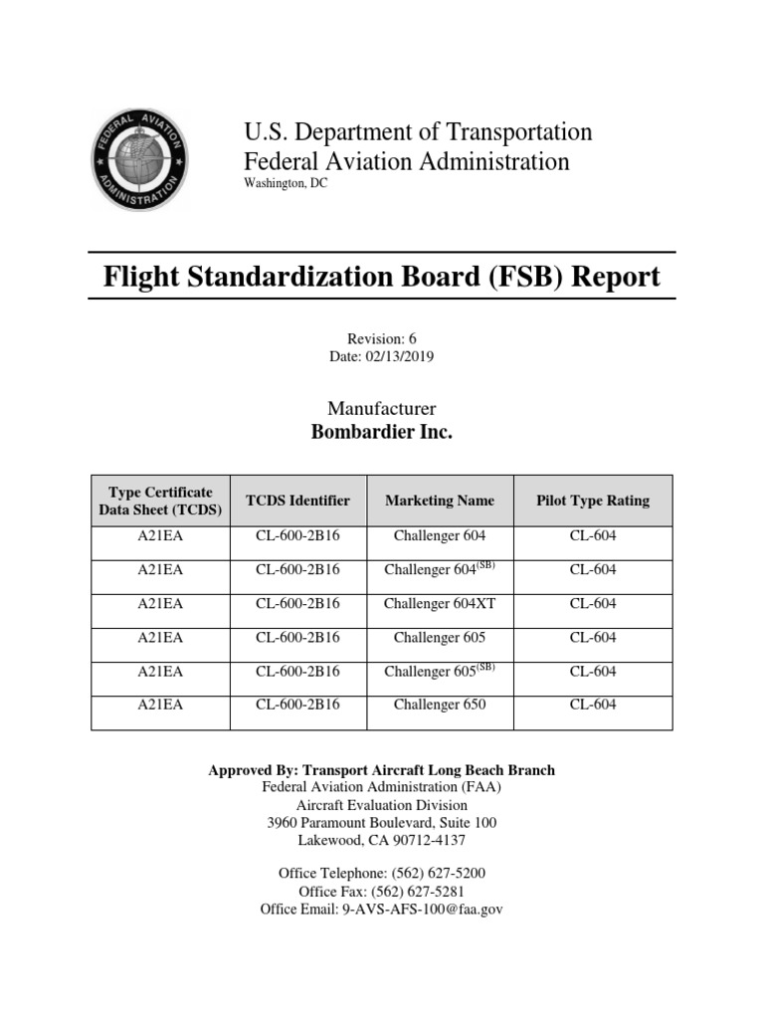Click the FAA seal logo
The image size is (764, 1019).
click(x=138, y=159)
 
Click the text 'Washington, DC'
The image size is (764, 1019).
click(x=285, y=184)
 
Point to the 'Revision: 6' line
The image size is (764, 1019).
click(x=382, y=338)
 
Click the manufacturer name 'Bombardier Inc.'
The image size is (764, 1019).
click(x=382, y=433)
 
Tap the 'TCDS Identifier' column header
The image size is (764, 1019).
click(x=297, y=501)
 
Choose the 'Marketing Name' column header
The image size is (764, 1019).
click(x=440, y=501)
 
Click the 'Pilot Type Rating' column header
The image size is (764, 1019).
click(x=593, y=501)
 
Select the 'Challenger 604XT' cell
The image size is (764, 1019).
click(x=440, y=604)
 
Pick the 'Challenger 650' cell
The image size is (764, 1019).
click(x=440, y=706)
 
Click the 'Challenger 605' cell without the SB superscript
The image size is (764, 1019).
click(x=440, y=638)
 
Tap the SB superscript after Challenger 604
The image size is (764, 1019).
click(x=485, y=565)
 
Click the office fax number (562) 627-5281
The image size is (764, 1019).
click(x=419, y=892)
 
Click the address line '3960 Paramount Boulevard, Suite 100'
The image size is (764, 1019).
click(x=382, y=823)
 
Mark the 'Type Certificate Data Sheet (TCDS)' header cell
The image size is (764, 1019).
click(x=160, y=501)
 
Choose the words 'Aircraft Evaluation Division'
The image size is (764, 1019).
click(x=382, y=805)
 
